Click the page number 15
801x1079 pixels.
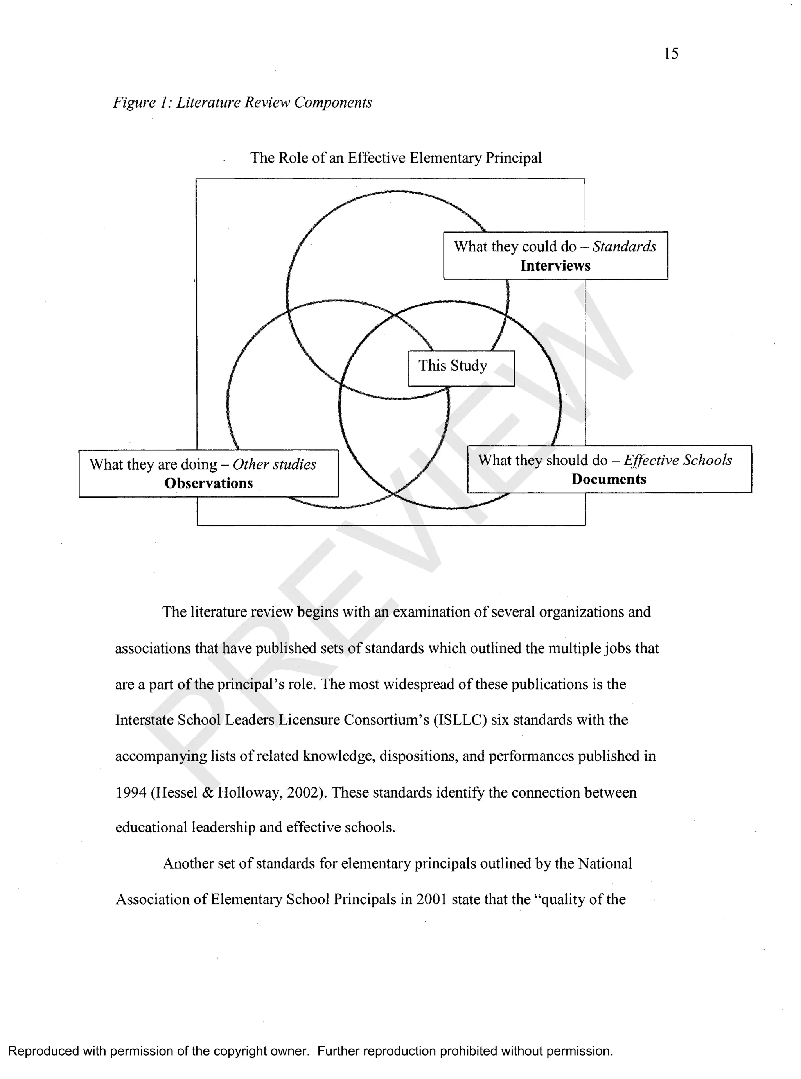(671, 53)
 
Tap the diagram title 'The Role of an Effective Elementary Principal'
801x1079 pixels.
(396, 158)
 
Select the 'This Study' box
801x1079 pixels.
(461, 368)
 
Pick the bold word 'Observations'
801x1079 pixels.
(208, 483)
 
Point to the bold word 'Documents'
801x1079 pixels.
(609, 479)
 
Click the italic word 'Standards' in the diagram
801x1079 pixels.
(624, 247)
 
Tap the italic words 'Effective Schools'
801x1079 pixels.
(678, 460)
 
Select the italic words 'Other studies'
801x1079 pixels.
(275, 464)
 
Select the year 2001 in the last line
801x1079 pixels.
(431, 899)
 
